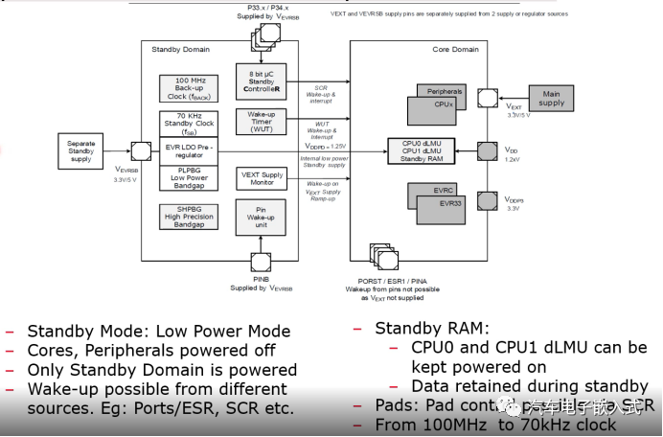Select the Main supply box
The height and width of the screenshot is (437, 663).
(552, 98)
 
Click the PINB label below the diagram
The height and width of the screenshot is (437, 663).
(260, 279)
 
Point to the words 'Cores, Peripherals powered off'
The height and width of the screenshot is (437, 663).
(150, 350)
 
